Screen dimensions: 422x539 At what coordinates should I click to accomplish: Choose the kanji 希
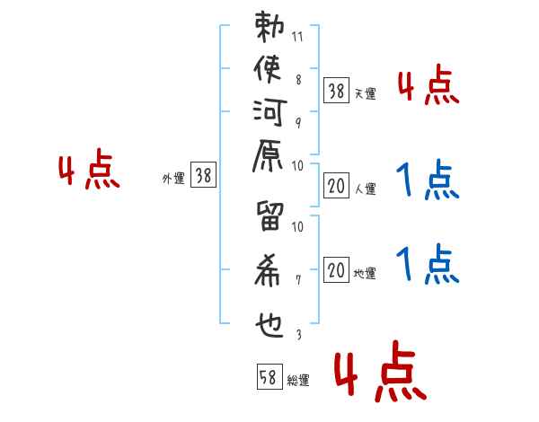coord(269,270)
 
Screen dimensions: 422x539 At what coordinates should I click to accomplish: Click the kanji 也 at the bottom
coord(269,319)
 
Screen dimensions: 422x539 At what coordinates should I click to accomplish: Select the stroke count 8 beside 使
coord(298,79)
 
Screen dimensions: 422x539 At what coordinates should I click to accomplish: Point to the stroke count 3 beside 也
coord(298,334)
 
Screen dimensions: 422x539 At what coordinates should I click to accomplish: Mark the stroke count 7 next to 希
coord(298,280)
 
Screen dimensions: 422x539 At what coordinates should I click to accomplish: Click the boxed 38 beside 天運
coord(336,90)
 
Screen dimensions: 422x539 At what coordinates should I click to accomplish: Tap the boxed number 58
coord(269,378)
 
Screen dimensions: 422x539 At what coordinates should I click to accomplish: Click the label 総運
coord(298,381)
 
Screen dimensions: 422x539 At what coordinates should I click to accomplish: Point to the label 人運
coord(366,189)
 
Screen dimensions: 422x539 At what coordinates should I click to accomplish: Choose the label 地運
coord(366,274)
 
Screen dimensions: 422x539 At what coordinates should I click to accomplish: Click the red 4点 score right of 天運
coord(429,88)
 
